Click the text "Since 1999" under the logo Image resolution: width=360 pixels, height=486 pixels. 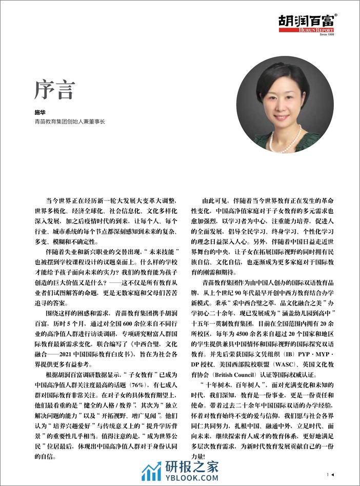[x=326, y=34]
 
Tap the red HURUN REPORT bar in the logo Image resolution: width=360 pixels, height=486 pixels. [x=313, y=30]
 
